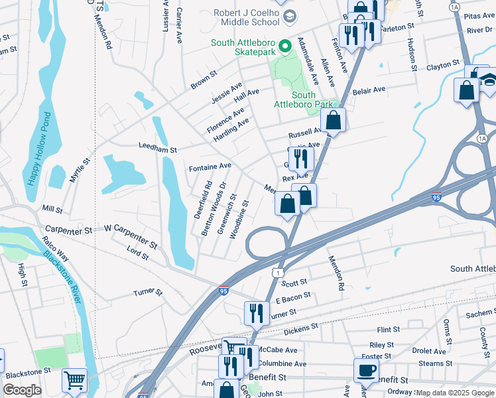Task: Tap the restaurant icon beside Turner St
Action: click(257, 313)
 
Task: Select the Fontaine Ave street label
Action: click(210, 166)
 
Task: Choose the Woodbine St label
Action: click(239, 219)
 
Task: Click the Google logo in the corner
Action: click(22, 390)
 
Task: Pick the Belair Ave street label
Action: click(369, 90)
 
